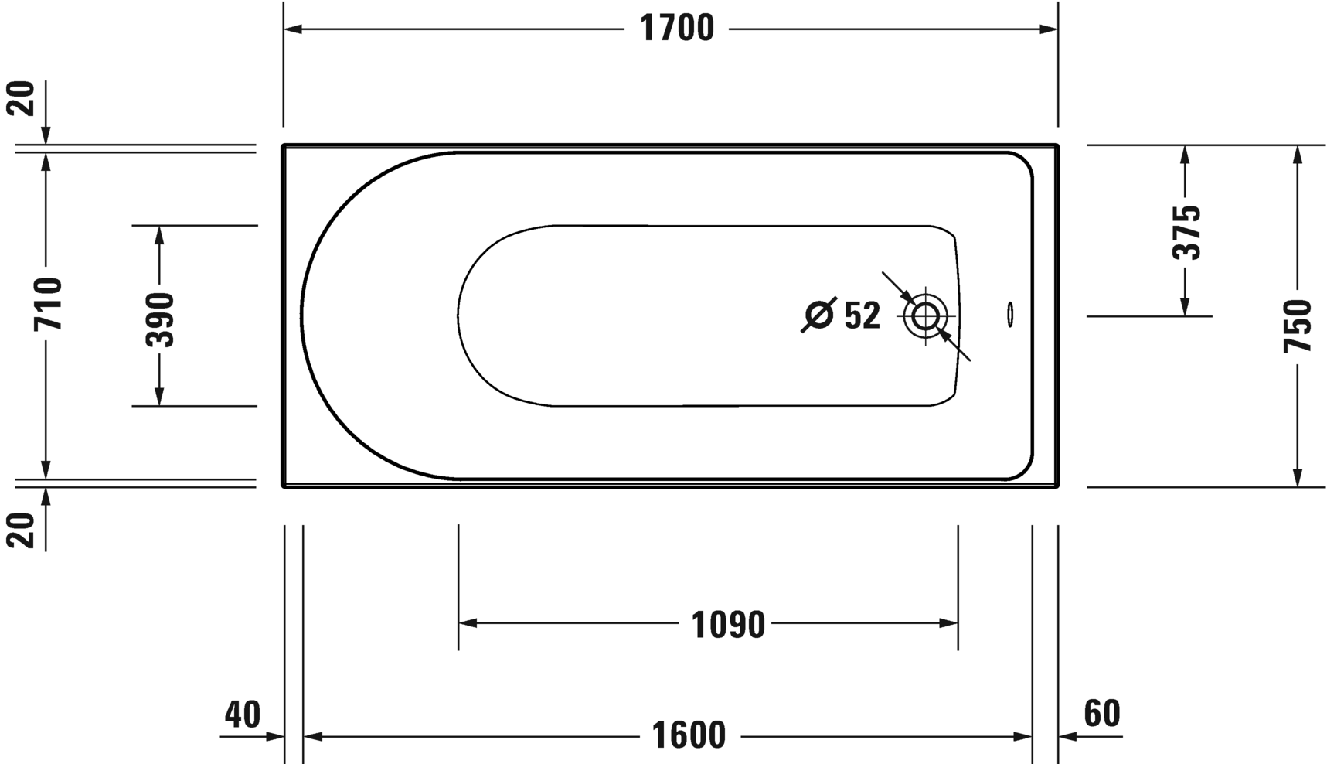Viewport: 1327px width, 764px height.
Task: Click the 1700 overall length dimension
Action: click(x=677, y=29)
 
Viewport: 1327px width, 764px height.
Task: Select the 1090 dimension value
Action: click(x=728, y=625)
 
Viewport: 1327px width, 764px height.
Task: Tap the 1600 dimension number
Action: click(x=689, y=735)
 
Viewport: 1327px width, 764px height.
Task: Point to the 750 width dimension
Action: click(x=1298, y=326)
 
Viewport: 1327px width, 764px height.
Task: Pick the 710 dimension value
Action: click(x=47, y=304)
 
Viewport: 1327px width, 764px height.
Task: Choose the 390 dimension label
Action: click(x=160, y=319)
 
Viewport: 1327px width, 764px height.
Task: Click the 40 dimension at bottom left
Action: click(x=243, y=715)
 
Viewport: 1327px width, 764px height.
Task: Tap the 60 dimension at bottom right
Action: click(x=1101, y=714)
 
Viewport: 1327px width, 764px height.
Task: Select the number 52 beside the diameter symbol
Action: click(x=862, y=315)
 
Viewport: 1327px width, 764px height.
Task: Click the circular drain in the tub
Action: click(x=925, y=315)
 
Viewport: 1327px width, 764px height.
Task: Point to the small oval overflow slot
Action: click(x=1010, y=314)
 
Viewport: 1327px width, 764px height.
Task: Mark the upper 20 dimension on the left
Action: click(x=25, y=99)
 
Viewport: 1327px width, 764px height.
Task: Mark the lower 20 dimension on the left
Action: click(x=25, y=530)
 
